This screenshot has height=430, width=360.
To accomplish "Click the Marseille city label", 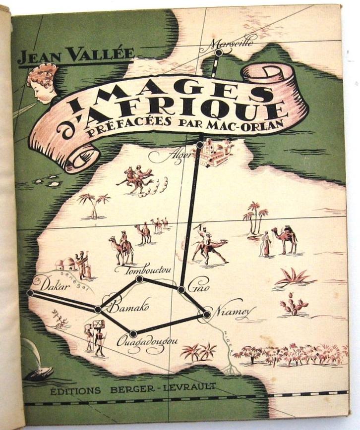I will click(236, 43).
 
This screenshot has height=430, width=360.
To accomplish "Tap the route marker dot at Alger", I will click(199, 145).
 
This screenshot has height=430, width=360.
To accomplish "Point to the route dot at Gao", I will click(182, 289).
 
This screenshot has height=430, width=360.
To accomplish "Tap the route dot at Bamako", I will click(98, 309).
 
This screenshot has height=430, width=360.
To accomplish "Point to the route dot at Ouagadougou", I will click(133, 333).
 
